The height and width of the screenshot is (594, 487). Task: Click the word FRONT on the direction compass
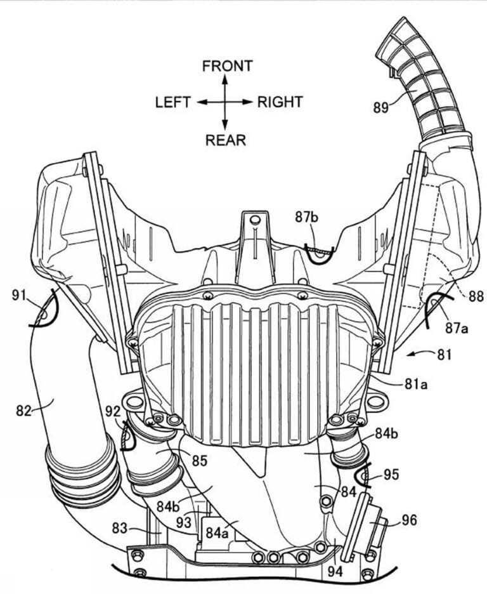[x=228, y=66]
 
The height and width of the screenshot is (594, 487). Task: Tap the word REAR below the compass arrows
[x=225, y=140]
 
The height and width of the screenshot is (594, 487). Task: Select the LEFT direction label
[x=172, y=102]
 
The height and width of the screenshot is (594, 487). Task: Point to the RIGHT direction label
[x=280, y=102]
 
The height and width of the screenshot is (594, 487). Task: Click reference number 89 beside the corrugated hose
[x=383, y=107]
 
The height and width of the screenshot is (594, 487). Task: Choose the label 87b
[x=308, y=217]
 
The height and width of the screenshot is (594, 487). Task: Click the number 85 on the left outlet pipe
[x=199, y=459]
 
